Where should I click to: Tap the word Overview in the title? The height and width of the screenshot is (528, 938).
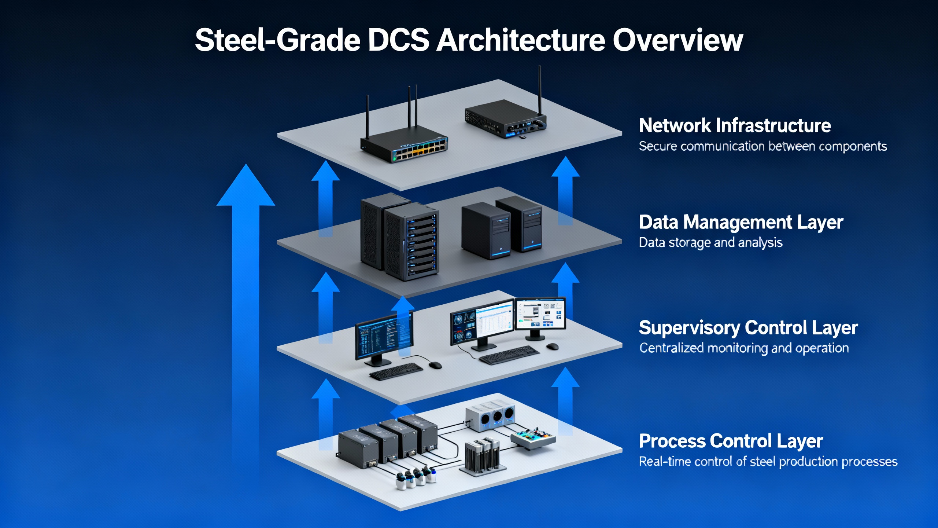(x=678, y=40)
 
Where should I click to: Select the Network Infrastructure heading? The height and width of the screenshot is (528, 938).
(x=735, y=125)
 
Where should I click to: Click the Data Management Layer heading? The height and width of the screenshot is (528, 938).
(x=741, y=222)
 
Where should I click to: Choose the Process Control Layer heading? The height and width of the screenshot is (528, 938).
(x=731, y=441)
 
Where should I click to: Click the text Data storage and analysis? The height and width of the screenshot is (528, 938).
(x=710, y=243)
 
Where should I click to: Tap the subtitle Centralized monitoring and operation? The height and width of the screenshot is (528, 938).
(x=744, y=348)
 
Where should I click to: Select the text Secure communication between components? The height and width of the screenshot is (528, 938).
(x=763, y=146)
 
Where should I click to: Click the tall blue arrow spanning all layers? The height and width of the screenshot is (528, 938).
(x=246, y=293)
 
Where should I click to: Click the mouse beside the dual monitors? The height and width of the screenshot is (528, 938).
(x=552, y=346)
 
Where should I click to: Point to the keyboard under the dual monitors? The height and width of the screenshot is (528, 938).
(x=509, y=355)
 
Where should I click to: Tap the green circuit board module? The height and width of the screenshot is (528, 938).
(x=533, y=438)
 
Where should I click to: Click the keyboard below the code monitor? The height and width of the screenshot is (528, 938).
(x=396, y=371)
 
